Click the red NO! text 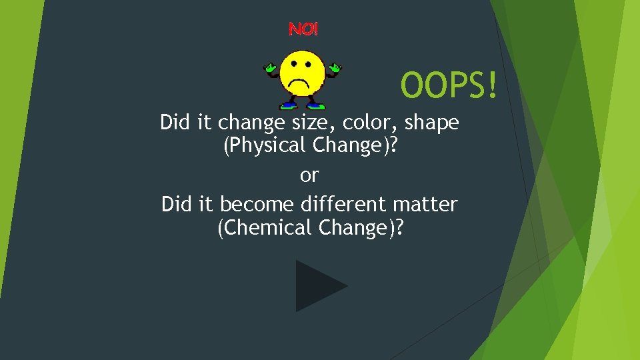tap(303, 29)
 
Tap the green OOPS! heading tap(449, 85)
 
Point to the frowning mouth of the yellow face tap(302, 84)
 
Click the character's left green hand tap(270, 67)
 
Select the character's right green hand tap(333, 67)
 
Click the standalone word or tap(309, 176)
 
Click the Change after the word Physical tap(354, 145)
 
